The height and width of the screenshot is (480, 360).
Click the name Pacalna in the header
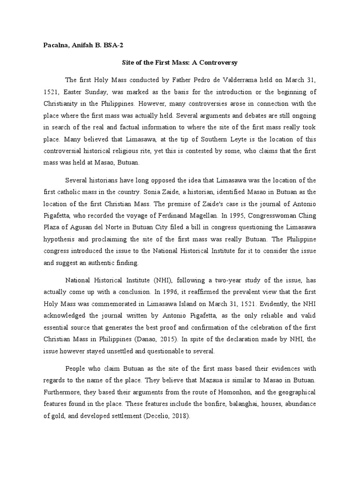tap(51, 45)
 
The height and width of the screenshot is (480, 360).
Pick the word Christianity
tap(62, 103)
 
